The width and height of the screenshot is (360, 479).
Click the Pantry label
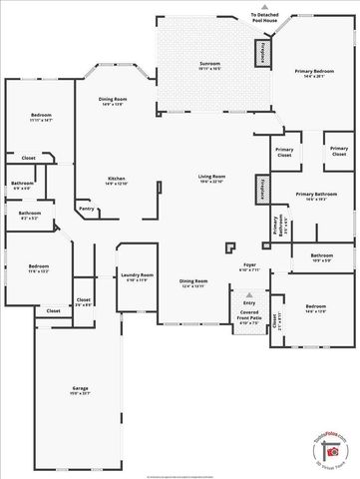(x=87, y=209)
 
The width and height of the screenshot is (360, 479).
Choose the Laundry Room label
(x=136, y=275)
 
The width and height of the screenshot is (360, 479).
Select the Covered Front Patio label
(x=249, y=319)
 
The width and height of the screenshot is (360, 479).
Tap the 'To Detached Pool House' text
(x=264, y=15)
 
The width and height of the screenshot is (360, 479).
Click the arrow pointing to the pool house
(x=264, y=7)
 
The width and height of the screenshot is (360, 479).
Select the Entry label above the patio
(x=249, y=303)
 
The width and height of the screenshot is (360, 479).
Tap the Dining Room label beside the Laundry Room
(x=192, y=283)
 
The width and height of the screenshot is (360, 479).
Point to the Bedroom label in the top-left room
(x=41, y=118)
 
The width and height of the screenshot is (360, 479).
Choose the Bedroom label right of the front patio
(x=315, y=307)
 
